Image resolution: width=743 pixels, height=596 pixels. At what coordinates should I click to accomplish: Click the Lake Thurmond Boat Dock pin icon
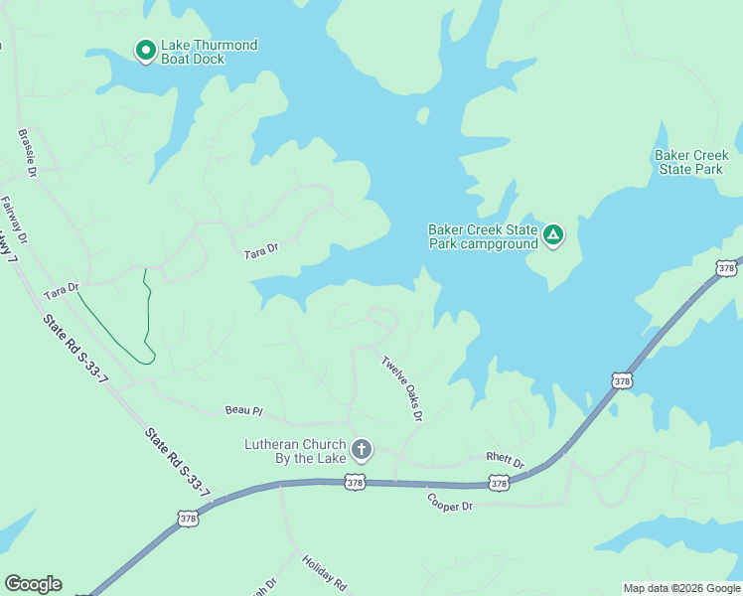pos(145,50)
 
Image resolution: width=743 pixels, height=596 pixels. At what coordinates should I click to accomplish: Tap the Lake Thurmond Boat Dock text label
pos(210,52)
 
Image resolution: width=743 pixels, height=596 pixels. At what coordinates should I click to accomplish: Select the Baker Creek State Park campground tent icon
pos(553,235)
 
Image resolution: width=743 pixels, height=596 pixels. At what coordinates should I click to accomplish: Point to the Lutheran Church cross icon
pos(361,450)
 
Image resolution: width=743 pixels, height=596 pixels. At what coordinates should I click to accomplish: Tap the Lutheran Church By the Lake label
pos(295,451)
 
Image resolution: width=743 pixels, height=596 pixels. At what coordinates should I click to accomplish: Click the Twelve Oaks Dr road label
pos(403,386)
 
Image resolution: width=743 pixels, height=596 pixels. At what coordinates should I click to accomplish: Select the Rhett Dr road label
pos(505,461)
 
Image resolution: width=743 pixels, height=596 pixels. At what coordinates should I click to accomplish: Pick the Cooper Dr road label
pos(450,502)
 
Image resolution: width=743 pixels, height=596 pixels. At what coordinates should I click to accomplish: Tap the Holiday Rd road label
pos(324,572)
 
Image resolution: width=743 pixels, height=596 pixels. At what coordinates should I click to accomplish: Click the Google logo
pos(33,584)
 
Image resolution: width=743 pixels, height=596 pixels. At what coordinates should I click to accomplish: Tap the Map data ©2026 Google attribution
pos(681,588)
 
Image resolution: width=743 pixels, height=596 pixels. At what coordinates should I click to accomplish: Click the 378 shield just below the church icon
pos(355,483)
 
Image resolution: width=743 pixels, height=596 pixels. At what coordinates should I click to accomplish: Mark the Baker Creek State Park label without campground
pos(691,162)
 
